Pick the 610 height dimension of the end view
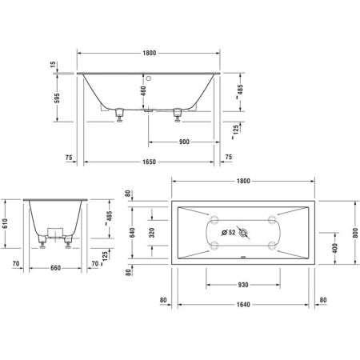(x=6, y=226)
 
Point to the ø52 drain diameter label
(x=230, y=234)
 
